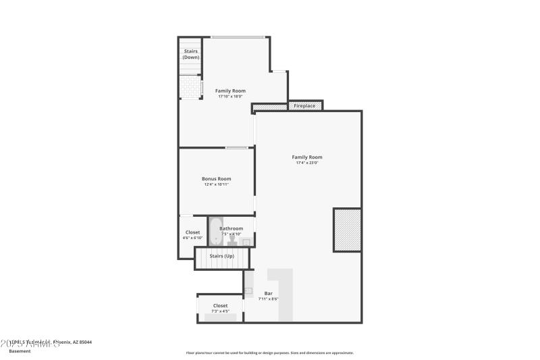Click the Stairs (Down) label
[190, 54]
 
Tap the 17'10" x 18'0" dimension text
[230, 97]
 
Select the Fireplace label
[304, 106]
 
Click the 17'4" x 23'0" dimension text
[307, 163]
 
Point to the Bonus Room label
[216, 179]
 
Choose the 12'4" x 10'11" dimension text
[216, 184]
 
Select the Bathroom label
[231, 228]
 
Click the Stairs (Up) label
[221, 257]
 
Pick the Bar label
[268, 293]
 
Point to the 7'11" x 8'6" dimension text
[268, 299]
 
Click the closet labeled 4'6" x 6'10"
[192, 235]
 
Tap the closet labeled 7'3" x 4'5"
[220, 308]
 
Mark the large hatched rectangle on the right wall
[347, 230]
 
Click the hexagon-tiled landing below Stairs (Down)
[190, 86]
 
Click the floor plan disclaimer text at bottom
[269, 353]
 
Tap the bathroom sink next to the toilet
[246, 242]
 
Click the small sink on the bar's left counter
[248, 290]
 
